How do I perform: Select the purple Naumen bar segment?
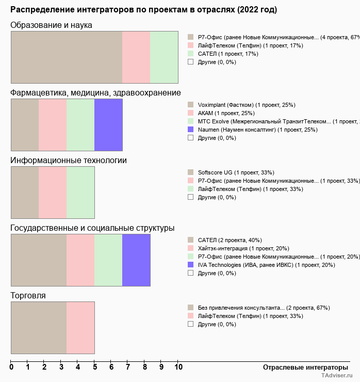[x=108, y=125]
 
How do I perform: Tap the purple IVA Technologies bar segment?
[x=136, y=260]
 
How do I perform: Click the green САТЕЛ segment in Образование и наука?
[x=164, y=57]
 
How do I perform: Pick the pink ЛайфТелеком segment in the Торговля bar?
[x=80, y=328]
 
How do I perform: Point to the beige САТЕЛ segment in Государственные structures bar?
[x=39, y=260]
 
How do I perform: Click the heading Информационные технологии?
[x=69, y=161]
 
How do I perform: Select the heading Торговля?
[x=28, y=296]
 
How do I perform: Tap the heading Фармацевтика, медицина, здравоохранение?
[x=95, y=93]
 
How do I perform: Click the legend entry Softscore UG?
[x=236, y=172]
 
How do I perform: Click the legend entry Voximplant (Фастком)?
[x=246, y=105]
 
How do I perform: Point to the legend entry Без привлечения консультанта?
[x=264, y=308]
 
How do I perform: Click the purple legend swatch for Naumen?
[x=190, y=130]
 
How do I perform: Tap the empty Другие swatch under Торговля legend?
[x=190, y=324]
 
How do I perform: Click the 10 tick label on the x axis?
[x=178, y=367]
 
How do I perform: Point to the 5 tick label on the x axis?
[x=94, y=367]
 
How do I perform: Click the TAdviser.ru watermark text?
[x=337, y=376]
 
